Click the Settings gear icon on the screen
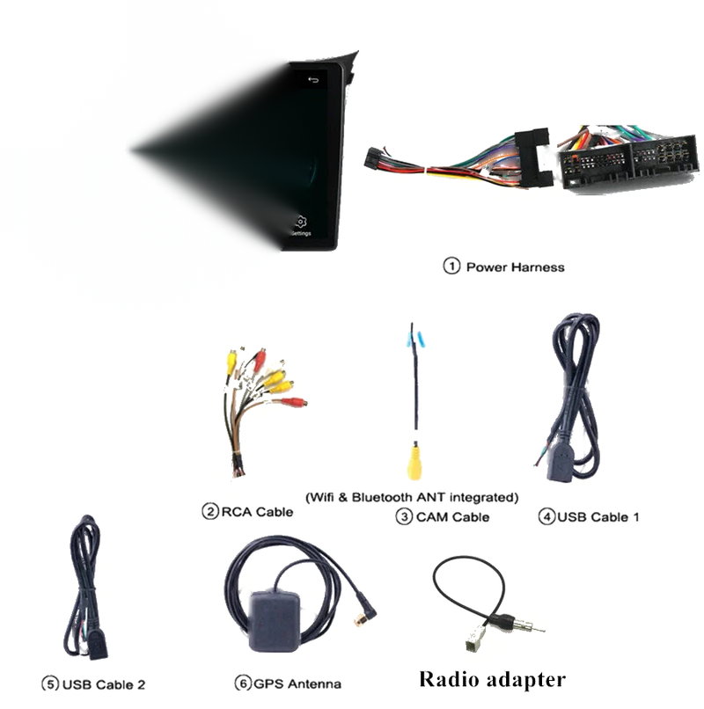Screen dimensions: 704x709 [x=301, y=222]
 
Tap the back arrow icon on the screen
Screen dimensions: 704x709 [x=313, y=80]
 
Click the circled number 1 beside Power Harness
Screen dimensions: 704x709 [x=451, y=266]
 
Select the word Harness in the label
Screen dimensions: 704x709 [x=538, y=267]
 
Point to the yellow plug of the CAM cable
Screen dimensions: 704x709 [x=414, y=461]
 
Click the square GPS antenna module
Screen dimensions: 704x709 [x=274, y=620]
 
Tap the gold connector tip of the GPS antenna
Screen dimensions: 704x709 [x=361, y=620]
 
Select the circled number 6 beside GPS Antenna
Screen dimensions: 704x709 [x=243, y=683]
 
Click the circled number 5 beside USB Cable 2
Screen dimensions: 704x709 [x=50, y=683]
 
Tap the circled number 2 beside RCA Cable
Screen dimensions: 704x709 [x=210, y=511]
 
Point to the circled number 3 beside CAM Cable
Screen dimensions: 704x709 [x=404, y=516]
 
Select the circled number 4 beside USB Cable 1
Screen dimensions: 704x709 [x=546, y=516]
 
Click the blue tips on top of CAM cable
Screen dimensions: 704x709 [x=415, y=340]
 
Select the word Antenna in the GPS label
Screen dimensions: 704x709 [x=314, y=683]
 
